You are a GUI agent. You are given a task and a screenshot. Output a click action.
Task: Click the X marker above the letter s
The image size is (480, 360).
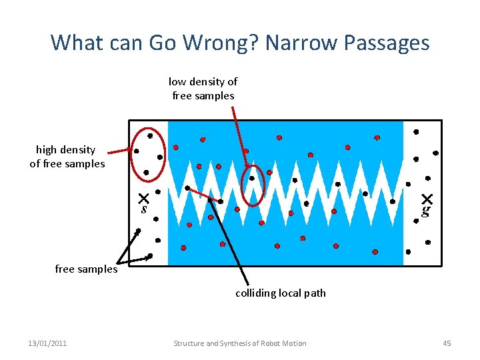pyautogui.click(x=143, y=198)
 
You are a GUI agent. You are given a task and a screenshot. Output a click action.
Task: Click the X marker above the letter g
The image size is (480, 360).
pyautogui.click(x=427, y=199)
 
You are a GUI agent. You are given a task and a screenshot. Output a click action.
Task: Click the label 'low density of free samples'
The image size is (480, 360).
pyautogui.click(x=203, y=88)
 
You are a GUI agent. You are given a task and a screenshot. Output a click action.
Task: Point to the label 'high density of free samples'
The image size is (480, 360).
pyautogui.click(x=67, y=157)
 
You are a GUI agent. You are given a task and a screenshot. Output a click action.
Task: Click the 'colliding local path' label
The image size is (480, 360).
pyautogui.click(x=280, y=293)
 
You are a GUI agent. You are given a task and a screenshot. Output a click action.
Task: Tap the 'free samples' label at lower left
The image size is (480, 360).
pyautogui.click(x=86, y=269)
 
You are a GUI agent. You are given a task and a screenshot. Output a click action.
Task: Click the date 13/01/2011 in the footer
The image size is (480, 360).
pyautogui.click(x=47, y=343)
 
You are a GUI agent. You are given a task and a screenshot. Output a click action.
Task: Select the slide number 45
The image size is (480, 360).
pyautogui.click(x=447, y=343)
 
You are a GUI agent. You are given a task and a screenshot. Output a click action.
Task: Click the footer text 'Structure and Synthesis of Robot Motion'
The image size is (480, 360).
pyautogui.click(x=240, y=343)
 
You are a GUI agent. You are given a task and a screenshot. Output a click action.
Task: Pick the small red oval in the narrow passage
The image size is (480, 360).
pyautogui.click(x=253, y=185)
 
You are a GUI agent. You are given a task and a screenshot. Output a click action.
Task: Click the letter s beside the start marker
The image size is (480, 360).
pyautogui.click(x=143, y=209)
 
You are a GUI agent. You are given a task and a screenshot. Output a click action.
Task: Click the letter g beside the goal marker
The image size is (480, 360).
pyautogui.click(x=425, y=211)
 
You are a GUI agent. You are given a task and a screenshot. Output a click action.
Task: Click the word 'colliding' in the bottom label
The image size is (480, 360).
pyautogui.click(x=254, y=293)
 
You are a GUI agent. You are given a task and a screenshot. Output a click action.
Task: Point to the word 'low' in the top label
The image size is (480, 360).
pyautogui.click(x=177, y=81)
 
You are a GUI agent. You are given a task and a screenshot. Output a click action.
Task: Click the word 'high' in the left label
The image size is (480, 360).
pyautogui.click(x=47, y=149)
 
